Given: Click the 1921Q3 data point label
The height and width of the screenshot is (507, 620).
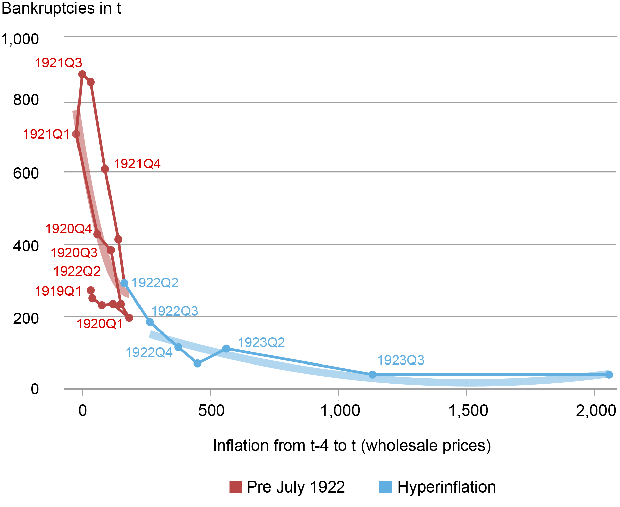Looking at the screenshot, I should pyautogui.click(x=59, y=63).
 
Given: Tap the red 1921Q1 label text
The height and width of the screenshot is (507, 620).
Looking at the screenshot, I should pyautogui.click(x=46, y=134).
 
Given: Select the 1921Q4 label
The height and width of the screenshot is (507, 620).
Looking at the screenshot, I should pyautogui.click(x=137, y=164).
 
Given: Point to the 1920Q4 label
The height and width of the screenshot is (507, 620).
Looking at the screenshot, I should pyautogui.click(x=68, y=229).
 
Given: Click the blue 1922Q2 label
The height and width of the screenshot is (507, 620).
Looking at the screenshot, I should pyautogui.click(x=155, y=283).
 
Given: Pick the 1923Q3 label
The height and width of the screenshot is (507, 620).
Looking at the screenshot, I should pyautogui.click(x=401, y=360).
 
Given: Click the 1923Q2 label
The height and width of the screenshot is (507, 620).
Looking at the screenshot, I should pyautogui.click(x=261, y=343).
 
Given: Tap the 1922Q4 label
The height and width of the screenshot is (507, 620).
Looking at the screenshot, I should pyautogui.click(x=149, y=353).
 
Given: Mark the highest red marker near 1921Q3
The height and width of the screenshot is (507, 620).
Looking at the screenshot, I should pyautogui.click(x=82, y=74).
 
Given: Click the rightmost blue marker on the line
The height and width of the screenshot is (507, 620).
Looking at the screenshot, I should pyautogui.click(x=609, y=375).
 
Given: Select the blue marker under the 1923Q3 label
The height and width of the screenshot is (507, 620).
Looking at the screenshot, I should pyautogui.click(x=372, y=375).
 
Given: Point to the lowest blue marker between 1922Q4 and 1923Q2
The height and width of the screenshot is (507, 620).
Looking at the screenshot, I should pyautogui.click(x=198, y=363).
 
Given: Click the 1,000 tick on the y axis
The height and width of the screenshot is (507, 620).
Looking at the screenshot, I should pyautogui.click(x=20, y=39).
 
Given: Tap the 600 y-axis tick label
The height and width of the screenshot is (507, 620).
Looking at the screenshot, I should pyautogui.click(x=26, y=173).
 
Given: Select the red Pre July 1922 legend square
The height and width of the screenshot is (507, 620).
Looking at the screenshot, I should pyautogui.click(x=236, y=487).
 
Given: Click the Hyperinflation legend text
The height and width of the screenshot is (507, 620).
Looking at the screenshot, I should pyautogui.click(x=446, y=487).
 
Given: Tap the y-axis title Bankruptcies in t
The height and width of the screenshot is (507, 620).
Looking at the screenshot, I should pyautogui.click(x=61, y=8).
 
